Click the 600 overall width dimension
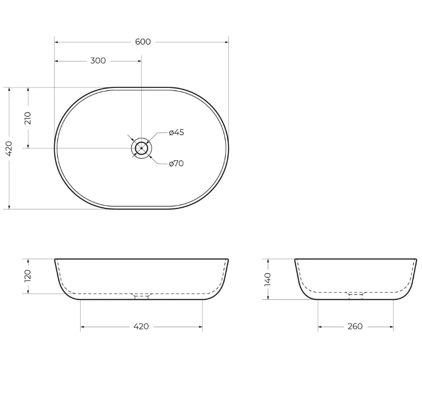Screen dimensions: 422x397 pos(142,42)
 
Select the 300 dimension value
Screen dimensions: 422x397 pos(98,60)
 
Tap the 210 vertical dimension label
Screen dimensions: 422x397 pos(28,118)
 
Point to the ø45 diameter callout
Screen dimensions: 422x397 pos(176,132)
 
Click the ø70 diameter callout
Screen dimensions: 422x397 pos(176,163)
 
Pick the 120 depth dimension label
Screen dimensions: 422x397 pos(28,276)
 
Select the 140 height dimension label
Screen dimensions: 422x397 pos(268,279)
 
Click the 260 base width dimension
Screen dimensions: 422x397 pos(355,326)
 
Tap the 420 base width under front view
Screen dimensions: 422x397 pos(141,326)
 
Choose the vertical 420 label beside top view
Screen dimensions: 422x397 pos(9,148)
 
